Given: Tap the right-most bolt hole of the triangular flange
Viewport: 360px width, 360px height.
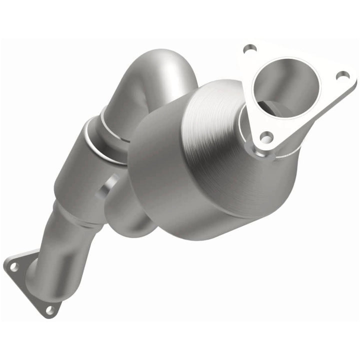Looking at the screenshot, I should click(342, 76).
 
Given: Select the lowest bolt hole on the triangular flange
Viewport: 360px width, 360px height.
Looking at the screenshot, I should click(266, 135).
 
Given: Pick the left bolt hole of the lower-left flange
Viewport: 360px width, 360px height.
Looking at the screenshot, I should click(13, 267).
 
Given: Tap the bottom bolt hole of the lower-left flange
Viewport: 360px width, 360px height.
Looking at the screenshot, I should click(49, 309).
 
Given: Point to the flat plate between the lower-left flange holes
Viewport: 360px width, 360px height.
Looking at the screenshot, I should click(30, 285).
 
